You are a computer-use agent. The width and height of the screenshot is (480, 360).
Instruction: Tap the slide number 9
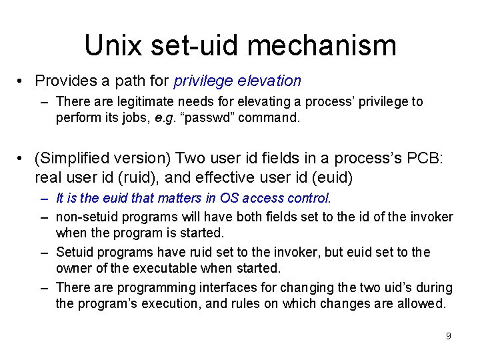(x=448, y=336)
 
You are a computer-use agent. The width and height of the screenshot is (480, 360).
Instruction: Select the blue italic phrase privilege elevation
(x=237, y=81)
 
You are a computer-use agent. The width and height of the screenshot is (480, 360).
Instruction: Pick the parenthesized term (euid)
(x=327, y=177)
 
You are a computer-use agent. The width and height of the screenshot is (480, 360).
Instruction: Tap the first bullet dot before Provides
(x=22, y=81)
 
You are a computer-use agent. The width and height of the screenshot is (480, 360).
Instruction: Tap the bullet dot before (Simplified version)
(x=22, y=159)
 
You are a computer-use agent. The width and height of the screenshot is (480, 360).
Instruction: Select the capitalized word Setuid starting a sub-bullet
(x=75, y=252)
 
